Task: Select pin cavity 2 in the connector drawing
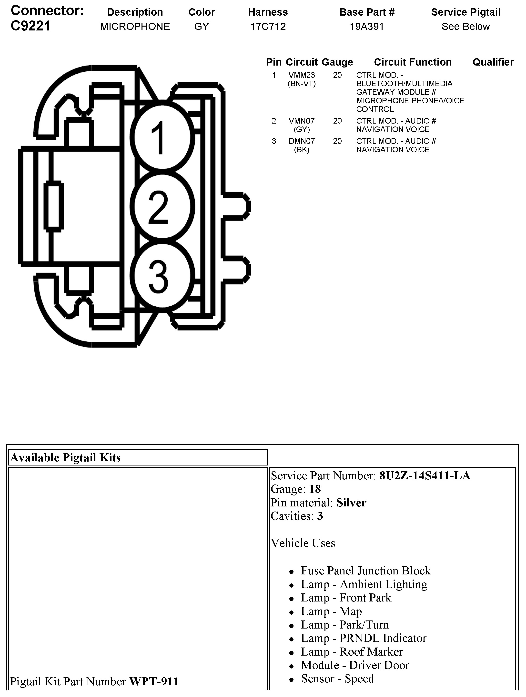pos(162,206)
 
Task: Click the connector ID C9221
pos(30,26)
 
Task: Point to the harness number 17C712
pos(268,27)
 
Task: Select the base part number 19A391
pos(367,27)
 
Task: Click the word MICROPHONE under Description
pos(135,27)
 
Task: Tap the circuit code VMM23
pos(302,75)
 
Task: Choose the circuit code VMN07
pos(302,121)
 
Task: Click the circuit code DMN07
pos(302,141)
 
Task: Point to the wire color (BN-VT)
pos(302,84)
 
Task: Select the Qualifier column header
pos(493,62)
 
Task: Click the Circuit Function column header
pos(413,62)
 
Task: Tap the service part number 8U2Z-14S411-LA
pos(425,475)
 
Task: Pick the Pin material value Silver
pos(351,503)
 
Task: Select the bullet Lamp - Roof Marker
pos(352,651)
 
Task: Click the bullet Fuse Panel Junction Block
pos(365,571)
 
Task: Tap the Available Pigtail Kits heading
pos(66,457)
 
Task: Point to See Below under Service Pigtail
pos(465,27)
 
